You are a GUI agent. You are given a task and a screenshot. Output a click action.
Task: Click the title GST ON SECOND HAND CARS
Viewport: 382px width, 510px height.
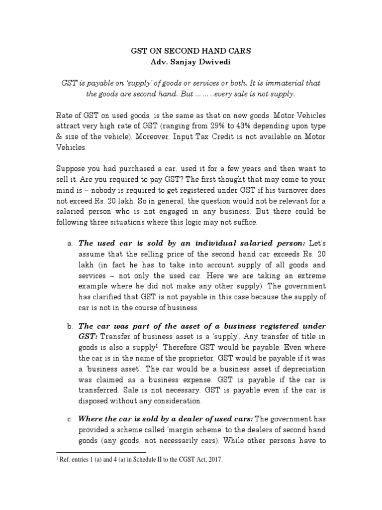pos(191,51)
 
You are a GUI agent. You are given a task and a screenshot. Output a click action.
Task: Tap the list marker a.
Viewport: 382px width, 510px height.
pos(70,244)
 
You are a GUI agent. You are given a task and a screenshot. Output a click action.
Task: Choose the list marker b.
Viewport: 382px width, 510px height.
pos(70,326)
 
